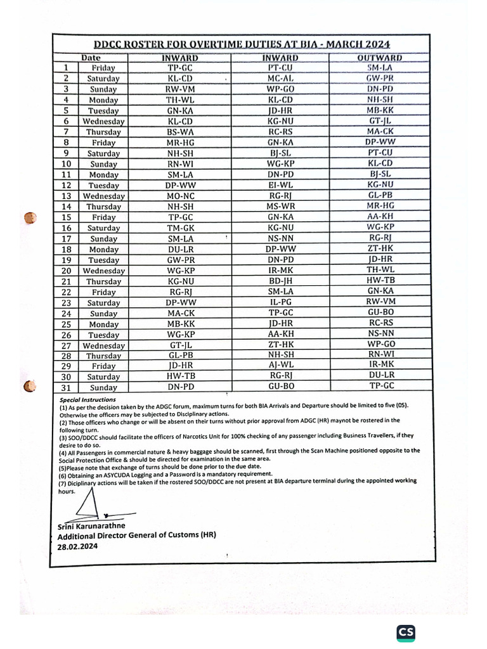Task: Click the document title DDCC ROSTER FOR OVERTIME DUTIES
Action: coord(242,44)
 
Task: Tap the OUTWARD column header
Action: coord(380,58)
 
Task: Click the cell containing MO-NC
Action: coord(181,196)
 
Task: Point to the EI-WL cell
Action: coord(280,185)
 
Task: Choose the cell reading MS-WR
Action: coord(280,207)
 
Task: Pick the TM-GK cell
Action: coord(181,228)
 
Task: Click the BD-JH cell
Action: coord(280,281)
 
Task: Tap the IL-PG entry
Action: coord(280,303)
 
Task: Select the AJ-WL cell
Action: coord(280,366)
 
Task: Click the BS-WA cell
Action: coord(181,132)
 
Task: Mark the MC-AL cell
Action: coord(280,79)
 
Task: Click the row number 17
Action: coord(65,239)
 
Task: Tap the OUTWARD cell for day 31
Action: coord(381,386)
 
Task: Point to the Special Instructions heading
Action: coord(88,401)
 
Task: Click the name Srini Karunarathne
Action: coord(91,526)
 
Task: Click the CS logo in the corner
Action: coord(406,633)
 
